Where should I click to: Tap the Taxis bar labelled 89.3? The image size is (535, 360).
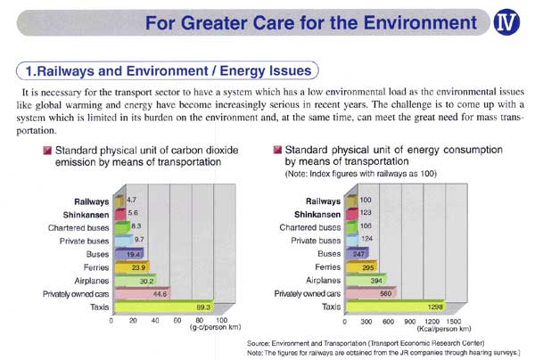(x=165, y=307)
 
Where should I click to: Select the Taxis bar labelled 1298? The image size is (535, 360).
(x=379, y=307)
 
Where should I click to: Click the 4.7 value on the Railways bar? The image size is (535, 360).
(x=130, y=202)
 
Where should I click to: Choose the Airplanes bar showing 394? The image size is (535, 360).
(x=337, y=280)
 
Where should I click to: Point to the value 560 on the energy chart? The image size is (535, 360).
(x=361, y=293)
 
